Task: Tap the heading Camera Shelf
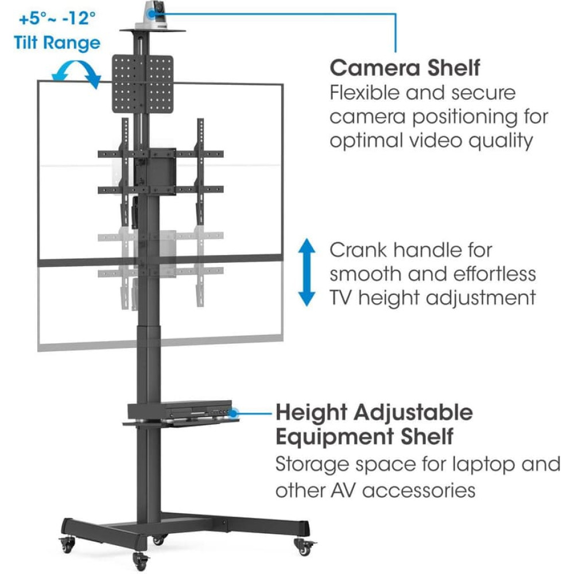pyautogui.click(x=405, y=68)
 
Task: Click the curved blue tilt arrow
pyautogui.click(x=75, y=74)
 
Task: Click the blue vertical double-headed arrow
pyautogui.click(x=307, y=273)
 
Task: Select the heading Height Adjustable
pyautogui.click(x=374, y=412)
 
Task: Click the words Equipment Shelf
pyautogui.click(x=364, y=436)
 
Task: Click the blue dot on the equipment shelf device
pyautogui.click(x=234, y=412)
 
